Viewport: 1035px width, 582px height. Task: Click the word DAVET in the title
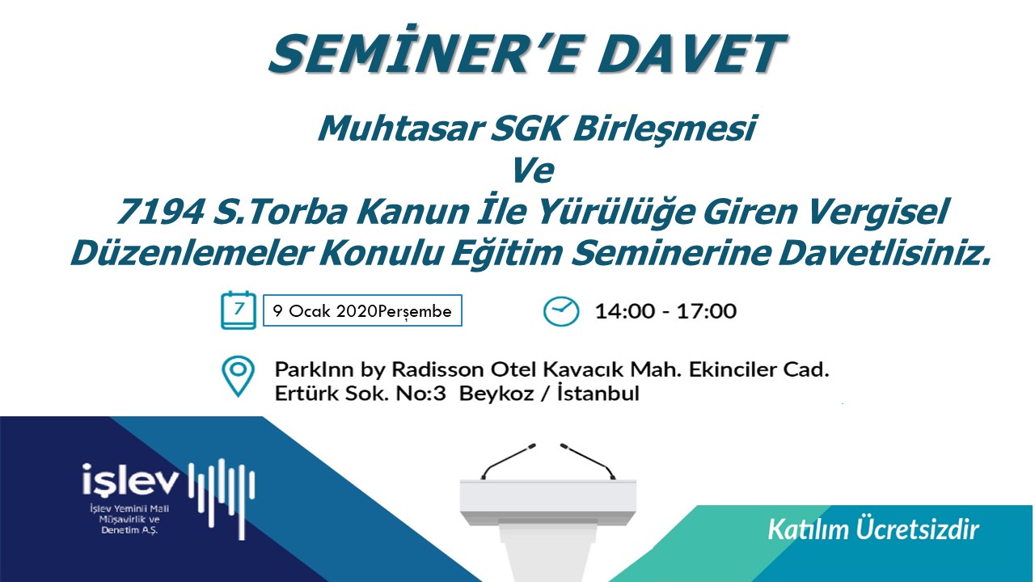(691, 53)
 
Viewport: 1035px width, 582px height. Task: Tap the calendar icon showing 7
(238, 310)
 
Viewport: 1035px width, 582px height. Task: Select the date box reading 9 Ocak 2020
(362, 310)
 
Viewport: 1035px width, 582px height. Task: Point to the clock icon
(560, 311)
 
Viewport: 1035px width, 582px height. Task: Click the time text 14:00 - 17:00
(665, 311)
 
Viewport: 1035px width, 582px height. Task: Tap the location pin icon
(238, 376)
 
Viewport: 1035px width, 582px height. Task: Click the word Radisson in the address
(438, 369)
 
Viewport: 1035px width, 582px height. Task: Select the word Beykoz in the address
(496, 394)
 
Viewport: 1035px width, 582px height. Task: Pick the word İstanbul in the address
(598, 393)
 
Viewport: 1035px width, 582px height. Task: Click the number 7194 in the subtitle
(160, 212)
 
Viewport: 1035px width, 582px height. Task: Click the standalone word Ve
(532, 171)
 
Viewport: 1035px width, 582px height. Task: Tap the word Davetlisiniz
(885, 253)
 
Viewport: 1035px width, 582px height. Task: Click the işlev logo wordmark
(130, 479)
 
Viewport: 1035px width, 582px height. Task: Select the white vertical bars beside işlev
(222, 498)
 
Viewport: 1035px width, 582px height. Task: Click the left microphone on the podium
(509, 461)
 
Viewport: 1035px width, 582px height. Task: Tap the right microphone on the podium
(588, 461)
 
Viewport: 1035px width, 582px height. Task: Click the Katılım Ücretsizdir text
(872, 529)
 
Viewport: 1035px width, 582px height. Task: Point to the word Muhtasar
(400, 128)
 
